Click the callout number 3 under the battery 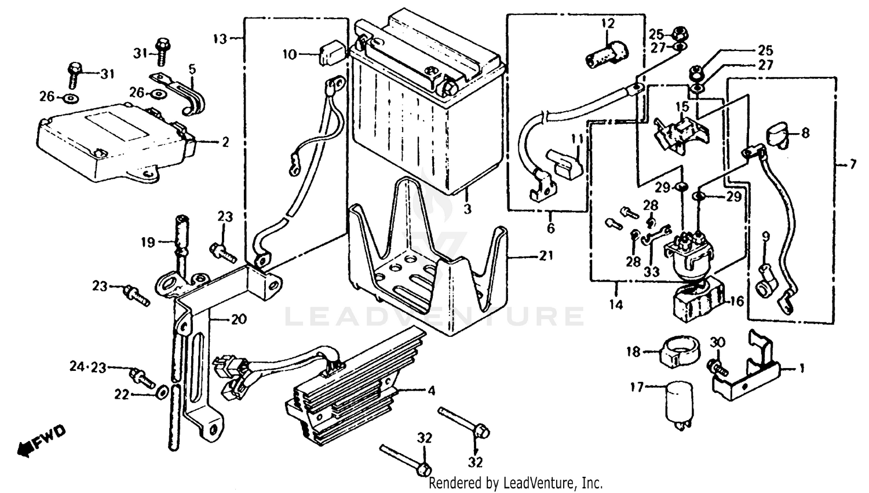[x=468, y=209]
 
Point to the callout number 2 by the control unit [x=225, y=141]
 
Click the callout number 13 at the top [x=220, y=39]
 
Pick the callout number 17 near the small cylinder [x=637, y=387]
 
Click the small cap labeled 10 [x=328, y=54]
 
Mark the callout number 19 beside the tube [x=148, y=242]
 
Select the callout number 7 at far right [x=852, y=165]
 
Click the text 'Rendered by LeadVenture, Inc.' [x=516, y=483]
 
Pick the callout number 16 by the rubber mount [x=736, y=301]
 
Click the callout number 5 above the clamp [x=192, y=69]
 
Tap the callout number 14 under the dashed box [x=616, y=304]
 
